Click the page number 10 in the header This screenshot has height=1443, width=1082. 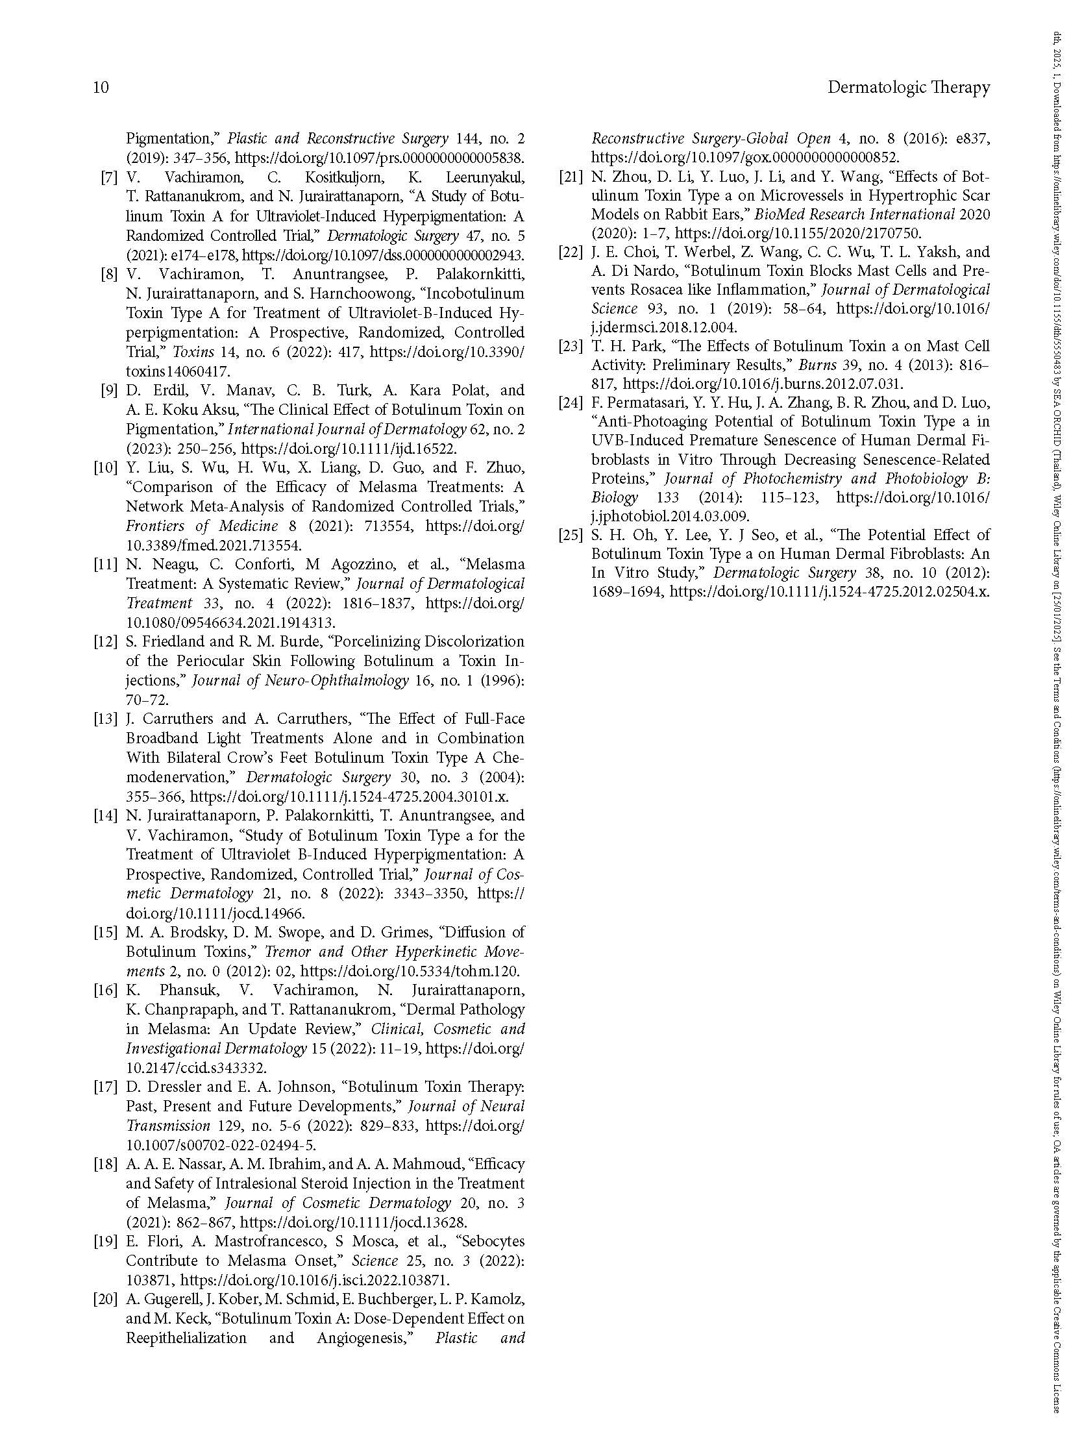click(101, 88)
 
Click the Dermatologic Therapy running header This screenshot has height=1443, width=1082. click(908, 88)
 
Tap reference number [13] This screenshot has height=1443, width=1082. click(105, 719)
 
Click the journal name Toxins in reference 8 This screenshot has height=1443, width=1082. click(193, 352)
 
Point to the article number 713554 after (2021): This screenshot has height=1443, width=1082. click(386, 526)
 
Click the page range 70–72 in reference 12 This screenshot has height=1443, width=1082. click(147, 700)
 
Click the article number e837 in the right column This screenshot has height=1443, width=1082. click(972, 139)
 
